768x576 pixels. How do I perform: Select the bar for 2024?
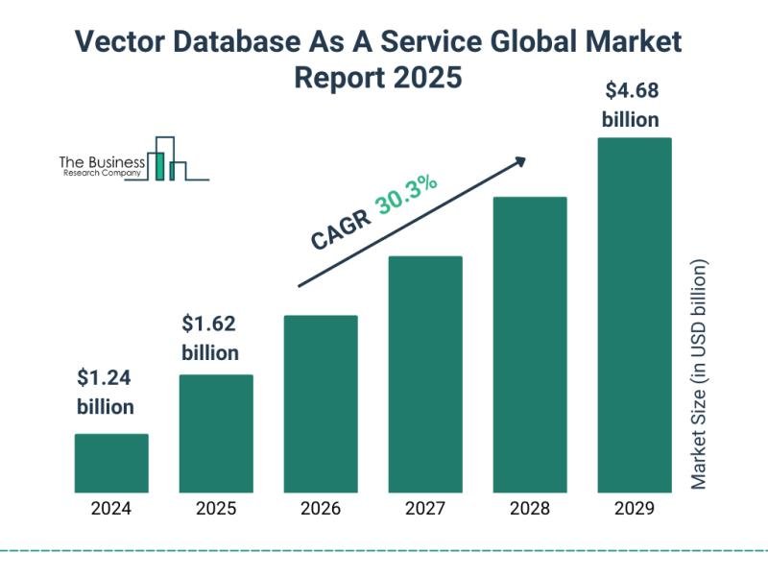(x=111, y=463)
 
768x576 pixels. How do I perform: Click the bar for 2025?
(x=216, y=433)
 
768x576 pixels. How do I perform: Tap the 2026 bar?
(x=321, y=403)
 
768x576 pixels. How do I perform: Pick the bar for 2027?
(x=425, y=373)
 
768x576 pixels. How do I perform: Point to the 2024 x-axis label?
(x=111, y=509)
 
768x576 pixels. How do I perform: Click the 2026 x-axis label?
(x=321, y=509)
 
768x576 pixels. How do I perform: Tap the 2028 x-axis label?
(x=530, y=509)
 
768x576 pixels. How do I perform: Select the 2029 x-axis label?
(x=634, y=509)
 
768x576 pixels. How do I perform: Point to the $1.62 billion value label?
(x=210, y=338)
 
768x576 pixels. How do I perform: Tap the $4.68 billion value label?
(x=631, y=106)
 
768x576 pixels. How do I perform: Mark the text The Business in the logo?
(x=102, y=162)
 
